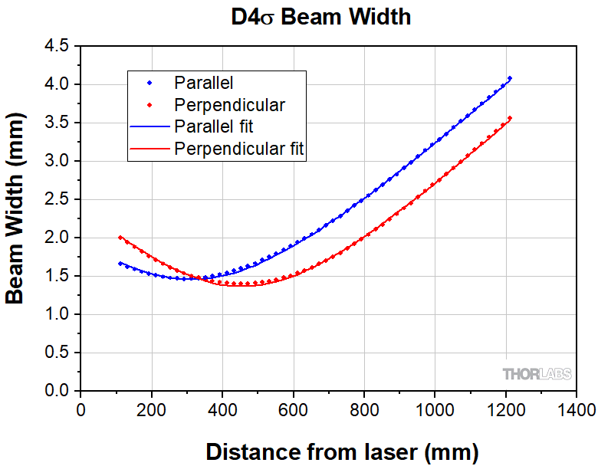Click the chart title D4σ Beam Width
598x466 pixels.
321,18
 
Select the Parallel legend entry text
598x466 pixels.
203,82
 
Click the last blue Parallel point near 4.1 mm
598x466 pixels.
510,78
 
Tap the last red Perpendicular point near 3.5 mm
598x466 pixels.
510,118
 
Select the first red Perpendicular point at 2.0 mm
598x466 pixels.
120,238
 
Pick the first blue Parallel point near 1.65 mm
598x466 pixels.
120,263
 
